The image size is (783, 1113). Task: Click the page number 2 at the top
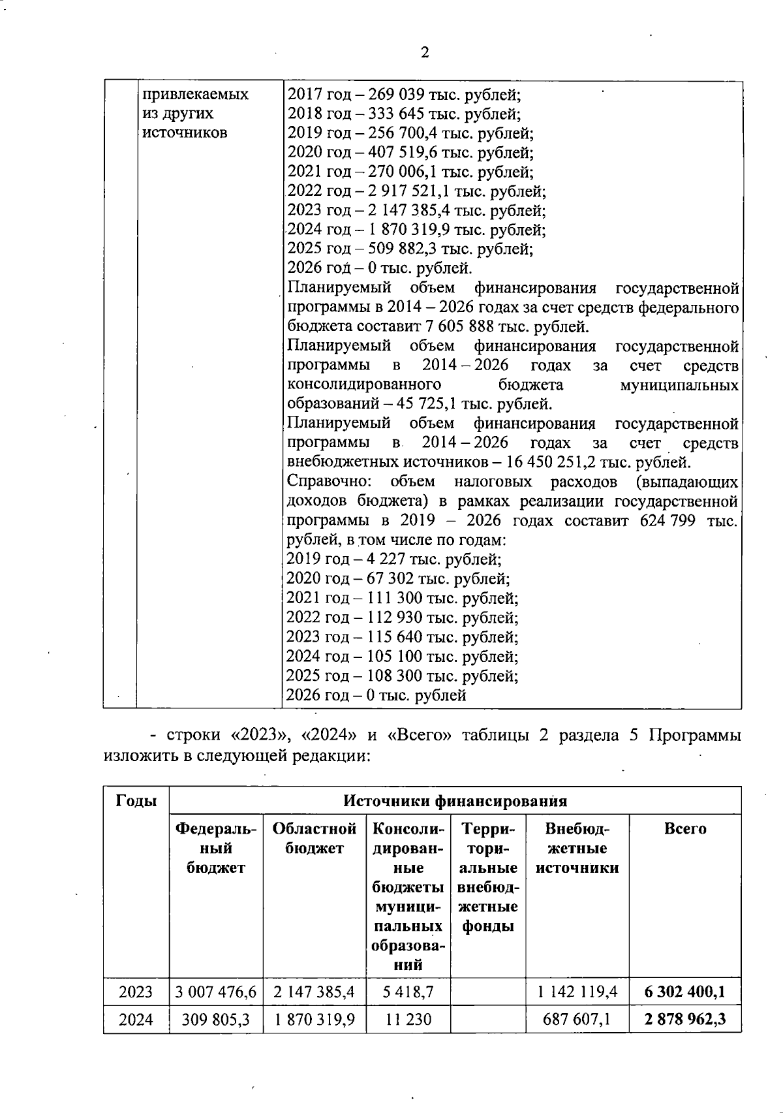pos(425,53)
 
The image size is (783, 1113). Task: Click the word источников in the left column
pos(185,133)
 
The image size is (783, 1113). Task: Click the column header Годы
pos(136,800)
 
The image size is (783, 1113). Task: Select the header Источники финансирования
pos(455,800)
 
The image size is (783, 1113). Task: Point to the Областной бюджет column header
pos(315,838)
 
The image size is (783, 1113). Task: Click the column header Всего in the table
pos(685,828)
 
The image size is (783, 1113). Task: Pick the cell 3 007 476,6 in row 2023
pos(216,993)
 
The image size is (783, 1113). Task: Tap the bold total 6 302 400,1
pos(685,993)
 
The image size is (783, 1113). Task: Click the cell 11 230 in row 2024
pos(408,1019)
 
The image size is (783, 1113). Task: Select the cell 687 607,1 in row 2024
pos(577,1019)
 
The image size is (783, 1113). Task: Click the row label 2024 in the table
pos(136,1019)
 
